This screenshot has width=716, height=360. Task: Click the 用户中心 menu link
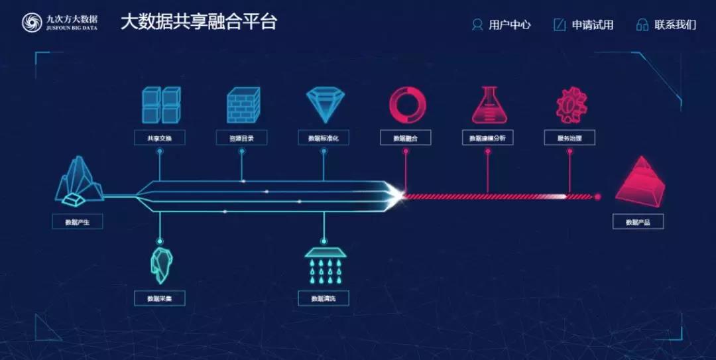tap(502, 25)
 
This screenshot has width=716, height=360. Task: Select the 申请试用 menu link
tap(584, 25)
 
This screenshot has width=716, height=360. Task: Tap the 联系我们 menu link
tap(666, 25)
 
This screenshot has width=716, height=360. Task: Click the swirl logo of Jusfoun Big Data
tap(30, 23)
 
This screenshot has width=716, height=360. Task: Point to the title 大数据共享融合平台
tap(198, 22)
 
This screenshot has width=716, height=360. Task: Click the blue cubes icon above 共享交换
tap(162, 105)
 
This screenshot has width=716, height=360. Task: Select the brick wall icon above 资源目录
tap(243, 105)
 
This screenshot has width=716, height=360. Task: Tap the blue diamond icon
tap(325, 105)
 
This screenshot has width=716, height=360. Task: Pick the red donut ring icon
tap(406, 105)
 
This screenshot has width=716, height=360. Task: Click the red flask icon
tap(488, 105)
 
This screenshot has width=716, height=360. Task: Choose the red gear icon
tap(569, 105)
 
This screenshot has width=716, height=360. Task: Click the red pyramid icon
tap(638, 181)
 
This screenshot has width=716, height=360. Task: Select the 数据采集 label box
tap(159, 298)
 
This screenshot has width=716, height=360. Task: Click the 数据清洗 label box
tap(324, 298)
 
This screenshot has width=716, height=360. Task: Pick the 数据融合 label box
tap(406, 138)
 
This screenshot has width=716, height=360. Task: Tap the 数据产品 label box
tap(638, 221)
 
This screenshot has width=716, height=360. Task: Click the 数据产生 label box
tap(77, 221)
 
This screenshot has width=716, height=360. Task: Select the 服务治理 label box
tap(569, 138)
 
